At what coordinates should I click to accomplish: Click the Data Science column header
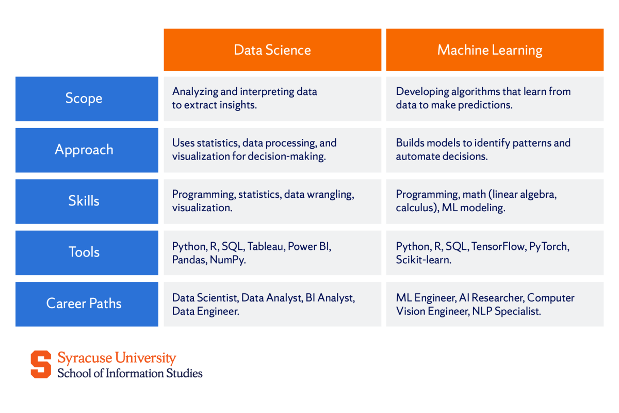pyautogui.click(x=272, y=50)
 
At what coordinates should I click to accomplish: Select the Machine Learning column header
pyautogui.click(x=490, y=50)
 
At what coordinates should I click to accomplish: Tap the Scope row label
pyautogui.click(x=84, y=99)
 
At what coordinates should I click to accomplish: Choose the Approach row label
pyautogui.click(x=84, y=150)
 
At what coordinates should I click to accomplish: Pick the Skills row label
pyautogui.click(x=84, y=201)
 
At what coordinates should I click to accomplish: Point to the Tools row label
pyautogui.click(x=84, y=252)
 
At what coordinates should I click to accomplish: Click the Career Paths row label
pyautogui.click(x=84, y=303)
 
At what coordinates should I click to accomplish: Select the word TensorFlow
pyautogui.click(x=498, y=246)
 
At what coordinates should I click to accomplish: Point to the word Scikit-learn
pyautogui.click(x=423, y=260)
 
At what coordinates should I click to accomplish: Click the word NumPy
pyautogui.click(x=227, y=260)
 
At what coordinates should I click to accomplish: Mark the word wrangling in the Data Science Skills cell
pyautogui.click(x=334, y=195)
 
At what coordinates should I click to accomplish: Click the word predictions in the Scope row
pyautogui.click(x=493, y=105)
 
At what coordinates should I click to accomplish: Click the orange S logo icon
pyautogui.click(x=41, y=364)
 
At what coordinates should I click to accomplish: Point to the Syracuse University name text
pyautogui.click(x=117, y=358)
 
